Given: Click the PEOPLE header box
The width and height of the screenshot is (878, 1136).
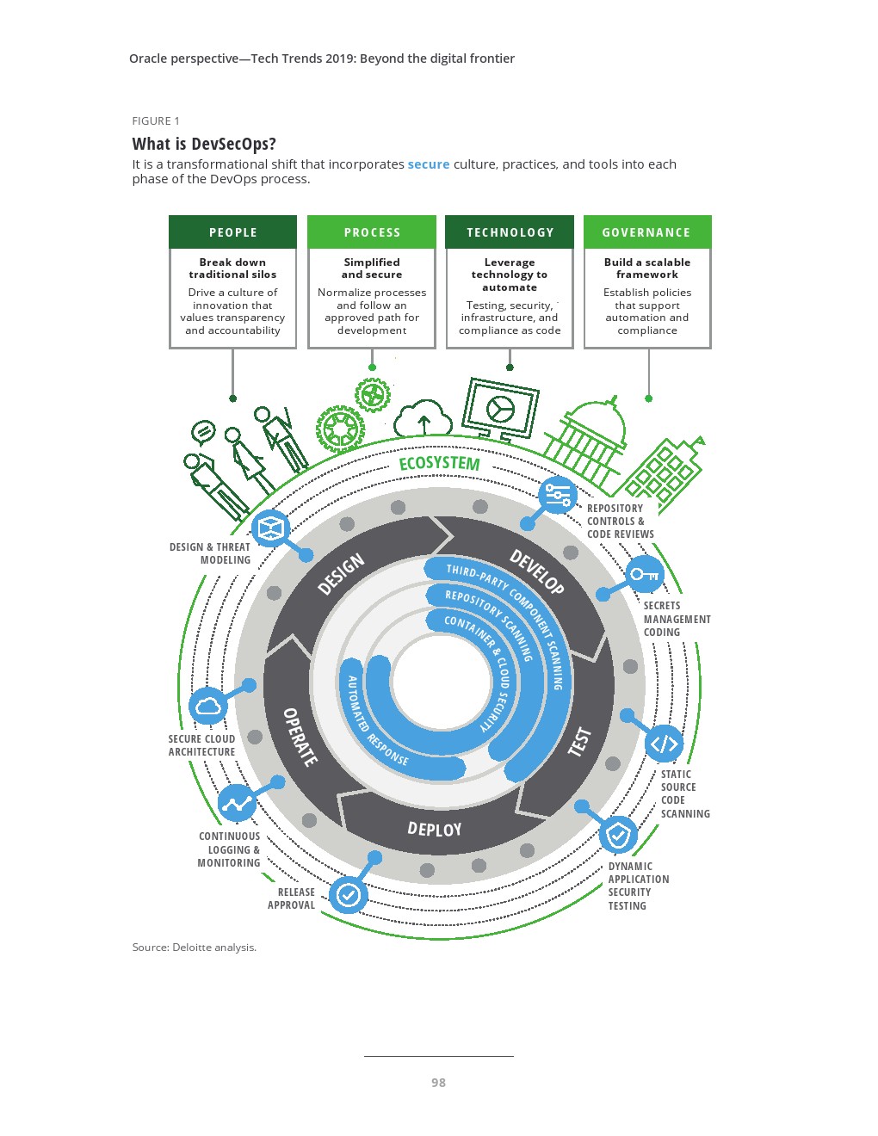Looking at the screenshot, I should click(x=232, y=232).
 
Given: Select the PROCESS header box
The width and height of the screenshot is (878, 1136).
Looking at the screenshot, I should click(x=372, y=232).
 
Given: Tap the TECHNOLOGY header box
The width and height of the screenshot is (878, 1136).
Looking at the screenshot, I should click(x=510, y=232).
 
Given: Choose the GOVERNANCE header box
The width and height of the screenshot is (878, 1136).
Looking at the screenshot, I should click(x=646, y=232).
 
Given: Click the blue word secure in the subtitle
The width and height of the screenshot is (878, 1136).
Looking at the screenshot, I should click(x=429, y=164).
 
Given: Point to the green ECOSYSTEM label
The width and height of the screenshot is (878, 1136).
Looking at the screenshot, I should click(x=439, y=463).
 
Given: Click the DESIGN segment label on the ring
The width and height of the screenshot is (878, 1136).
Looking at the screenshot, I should click(x=341, y=574).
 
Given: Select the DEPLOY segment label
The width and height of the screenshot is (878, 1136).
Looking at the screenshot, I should click(x=435, y=829).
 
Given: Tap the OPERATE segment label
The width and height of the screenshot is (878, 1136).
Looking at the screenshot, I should click(x=300, y=737).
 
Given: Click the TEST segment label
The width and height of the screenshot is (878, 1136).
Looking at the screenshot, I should click(x=580, y=741).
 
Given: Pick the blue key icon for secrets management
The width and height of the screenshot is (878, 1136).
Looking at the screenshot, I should click(x=644, y=574).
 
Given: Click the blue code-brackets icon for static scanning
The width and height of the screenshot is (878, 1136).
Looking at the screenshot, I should click(x=664, y=744).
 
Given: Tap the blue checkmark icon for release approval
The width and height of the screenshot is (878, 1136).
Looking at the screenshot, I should click(x=348, y=896).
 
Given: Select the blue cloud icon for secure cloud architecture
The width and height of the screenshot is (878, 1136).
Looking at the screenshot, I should click(x=208, y=707).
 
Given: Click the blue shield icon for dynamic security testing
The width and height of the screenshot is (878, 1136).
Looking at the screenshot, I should click(x=617, y=834).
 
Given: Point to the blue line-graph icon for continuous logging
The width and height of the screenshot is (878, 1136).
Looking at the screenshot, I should click(x=237, y=803).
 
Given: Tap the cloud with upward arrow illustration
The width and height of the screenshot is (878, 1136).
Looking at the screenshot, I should click(x=423, y=419).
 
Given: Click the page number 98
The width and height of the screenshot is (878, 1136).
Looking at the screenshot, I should click(x=438, y=1083).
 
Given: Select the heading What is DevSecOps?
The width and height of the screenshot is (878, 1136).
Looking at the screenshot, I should click(x=204, y=144).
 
